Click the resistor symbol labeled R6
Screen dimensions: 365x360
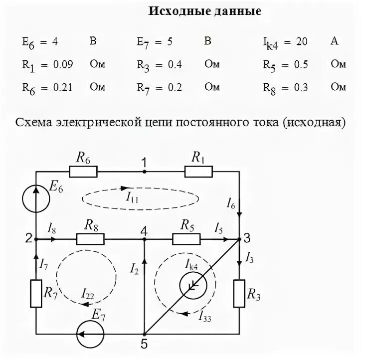pyautogui.click(x=83, y=172)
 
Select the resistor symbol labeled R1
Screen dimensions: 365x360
pyautogui.click(x=198, y=172)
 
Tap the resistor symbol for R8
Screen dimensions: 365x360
pyautogui.click(x=90, y=240)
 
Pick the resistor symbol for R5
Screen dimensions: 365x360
pyautogui.click(x=186, y=240)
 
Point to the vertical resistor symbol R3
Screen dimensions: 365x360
pyautogui.click(x=239, y=294)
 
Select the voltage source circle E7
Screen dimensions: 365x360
pyautogui.click(x=90, y=334)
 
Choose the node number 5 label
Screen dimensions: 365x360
pyautogui.click(x=144, y=345)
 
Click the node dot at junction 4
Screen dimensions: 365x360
pyautogui.click(x=144, y=240)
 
